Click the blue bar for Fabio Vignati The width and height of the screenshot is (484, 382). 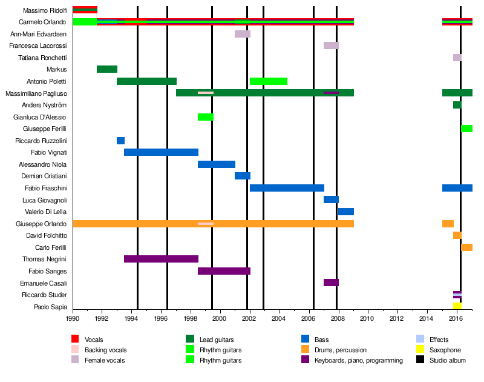click(x=161, y=152)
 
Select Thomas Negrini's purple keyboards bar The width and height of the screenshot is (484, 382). click(x=161, y=259)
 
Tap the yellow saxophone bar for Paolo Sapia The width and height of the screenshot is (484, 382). click(x=457, y=306)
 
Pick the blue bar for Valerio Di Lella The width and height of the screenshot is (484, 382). click(x=346, y=212)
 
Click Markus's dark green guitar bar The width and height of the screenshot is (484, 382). click(x=107, y=69)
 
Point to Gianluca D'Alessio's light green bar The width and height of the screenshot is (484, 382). click(x=206, y=117)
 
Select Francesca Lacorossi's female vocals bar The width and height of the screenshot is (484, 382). click(x=331, y=45)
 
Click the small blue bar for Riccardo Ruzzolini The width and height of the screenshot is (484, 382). click(x=120, y=141)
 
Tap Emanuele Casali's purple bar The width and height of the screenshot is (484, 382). click(x=331, y=283)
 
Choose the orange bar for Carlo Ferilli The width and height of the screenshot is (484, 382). click(x=466, y=247)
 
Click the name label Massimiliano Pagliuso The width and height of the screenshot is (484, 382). click(x=36, y=93)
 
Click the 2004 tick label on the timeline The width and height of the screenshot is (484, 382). click(x=279, y=318)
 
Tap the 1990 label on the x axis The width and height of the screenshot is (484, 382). click(x=73, y=318)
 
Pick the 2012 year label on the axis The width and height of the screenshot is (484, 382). click(x=397, y=318)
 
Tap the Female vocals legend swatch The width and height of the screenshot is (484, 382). click(x=75, y=360)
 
